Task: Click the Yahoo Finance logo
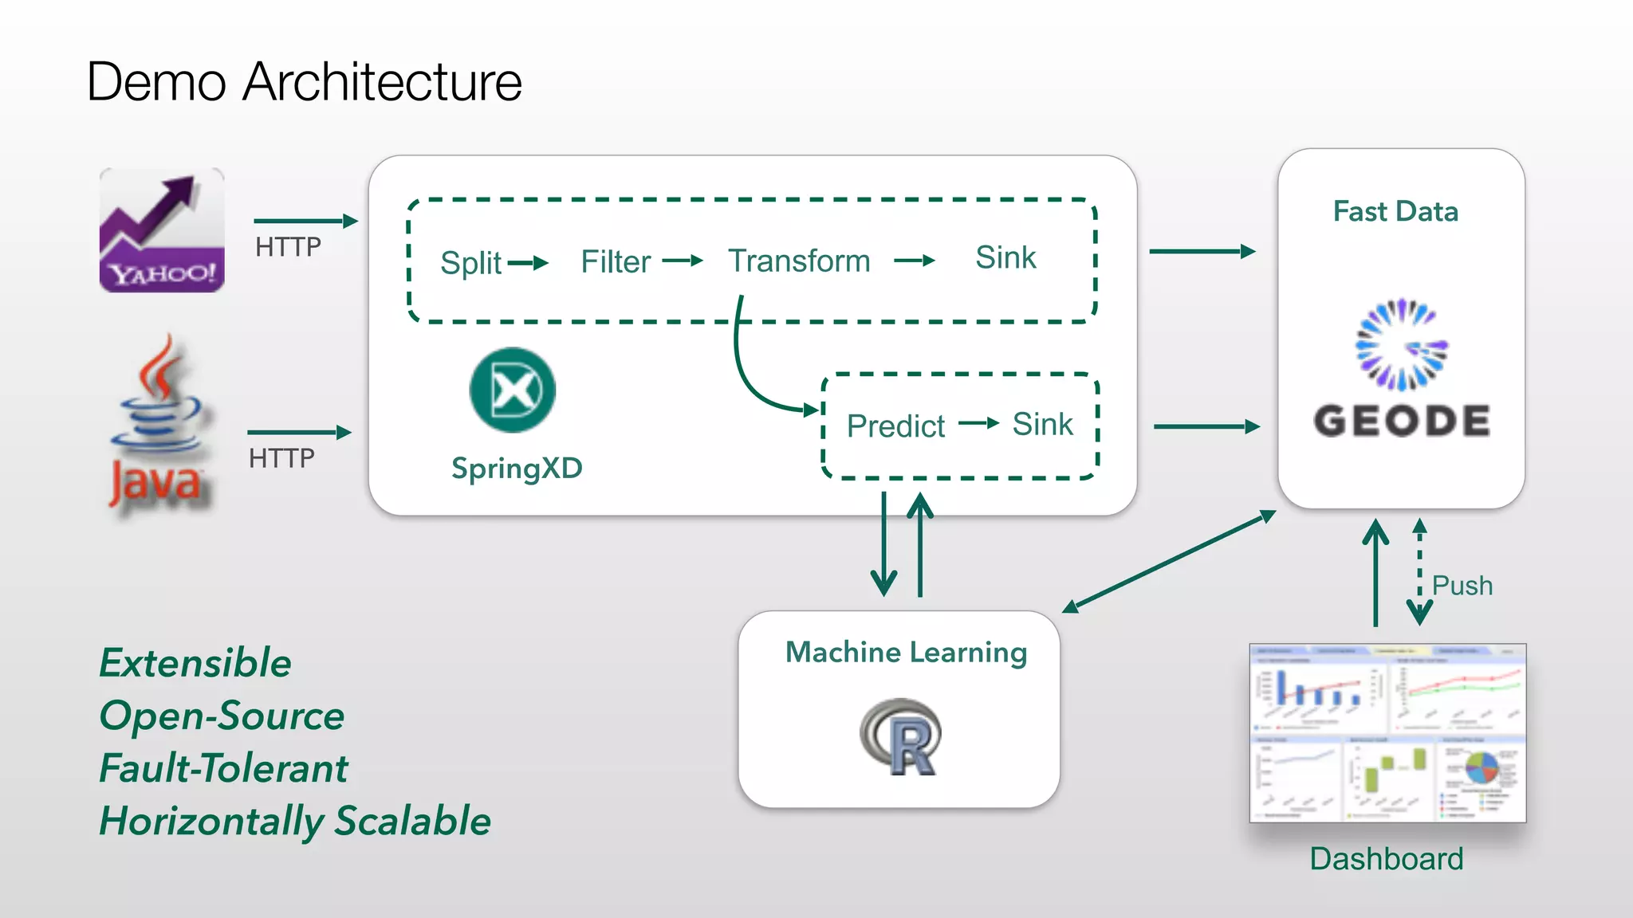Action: [x=162, y=230]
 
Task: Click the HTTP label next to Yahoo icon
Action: [x=288, y=247]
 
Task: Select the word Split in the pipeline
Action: [x=470, y=263]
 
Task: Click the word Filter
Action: [x=616, y=261]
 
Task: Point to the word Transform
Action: [x=799, y=261]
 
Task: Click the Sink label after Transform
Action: [x=1005, y=258]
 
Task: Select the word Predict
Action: [x=895, y=426]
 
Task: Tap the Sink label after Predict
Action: [x=1042, y=424]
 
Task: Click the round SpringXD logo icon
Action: [x=513, y=390]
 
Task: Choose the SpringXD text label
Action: [x=517, y=469]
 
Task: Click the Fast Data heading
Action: [x=1395, y=212]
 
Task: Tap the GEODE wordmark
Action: [x=1402, y=421]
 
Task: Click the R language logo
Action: [x=901, y=737]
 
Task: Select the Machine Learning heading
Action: [x=906, y=653]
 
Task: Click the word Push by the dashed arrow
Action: [x=1462, y=586]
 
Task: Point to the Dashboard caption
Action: [x=1387, y=859]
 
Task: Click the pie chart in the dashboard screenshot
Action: [x=1482, y=769]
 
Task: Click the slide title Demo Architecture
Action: [x=304, y=82]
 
